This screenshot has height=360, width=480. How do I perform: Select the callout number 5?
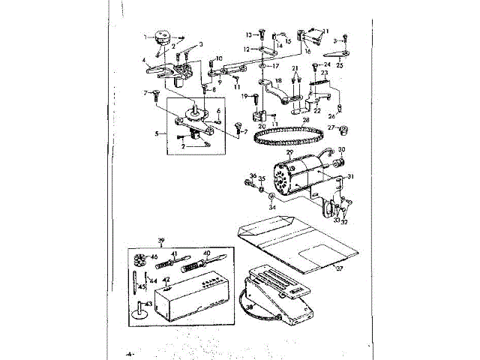pyautogui.click(x=156, y=133)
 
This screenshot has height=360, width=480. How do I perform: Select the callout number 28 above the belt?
pyautogui.click(x=305, y=119)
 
